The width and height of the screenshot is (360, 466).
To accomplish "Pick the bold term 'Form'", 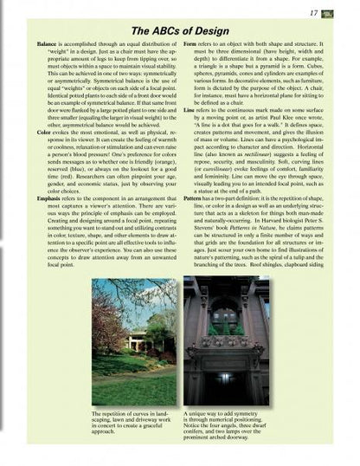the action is click(x=190, y=42).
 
